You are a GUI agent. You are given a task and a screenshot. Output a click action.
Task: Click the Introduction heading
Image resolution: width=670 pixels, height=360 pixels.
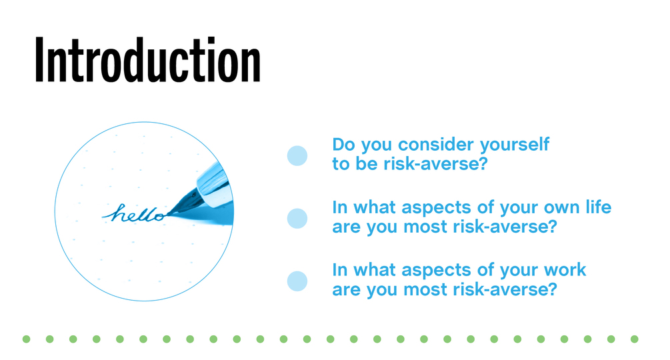coord(147,60)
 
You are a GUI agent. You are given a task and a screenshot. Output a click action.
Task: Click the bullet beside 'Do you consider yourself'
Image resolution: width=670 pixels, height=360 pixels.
coord(297,155)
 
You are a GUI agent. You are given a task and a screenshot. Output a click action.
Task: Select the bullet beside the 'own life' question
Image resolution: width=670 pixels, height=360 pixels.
coord(297,218)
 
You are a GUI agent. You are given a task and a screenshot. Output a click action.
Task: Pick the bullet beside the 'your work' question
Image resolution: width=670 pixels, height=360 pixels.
coord(297,281)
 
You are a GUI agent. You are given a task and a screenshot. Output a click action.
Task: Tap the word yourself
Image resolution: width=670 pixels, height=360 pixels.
coord(515,145)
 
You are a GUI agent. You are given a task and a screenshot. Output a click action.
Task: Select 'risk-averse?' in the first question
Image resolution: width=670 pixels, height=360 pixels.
coord(435,163)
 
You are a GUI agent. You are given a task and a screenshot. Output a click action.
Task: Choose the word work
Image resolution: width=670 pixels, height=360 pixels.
coord(565,270)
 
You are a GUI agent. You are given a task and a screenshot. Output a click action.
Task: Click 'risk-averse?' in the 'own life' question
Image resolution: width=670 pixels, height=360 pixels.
coord(505,227)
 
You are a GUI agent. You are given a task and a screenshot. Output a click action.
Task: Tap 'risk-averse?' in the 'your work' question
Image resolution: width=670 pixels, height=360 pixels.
coord(505,289)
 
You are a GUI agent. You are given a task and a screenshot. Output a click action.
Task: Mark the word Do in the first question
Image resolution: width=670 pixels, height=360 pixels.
coord(344,145)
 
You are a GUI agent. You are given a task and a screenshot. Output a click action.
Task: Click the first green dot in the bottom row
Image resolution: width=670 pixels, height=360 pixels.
coord(27,339)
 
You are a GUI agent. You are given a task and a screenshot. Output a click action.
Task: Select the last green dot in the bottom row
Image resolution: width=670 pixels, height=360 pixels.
coord(635,339)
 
